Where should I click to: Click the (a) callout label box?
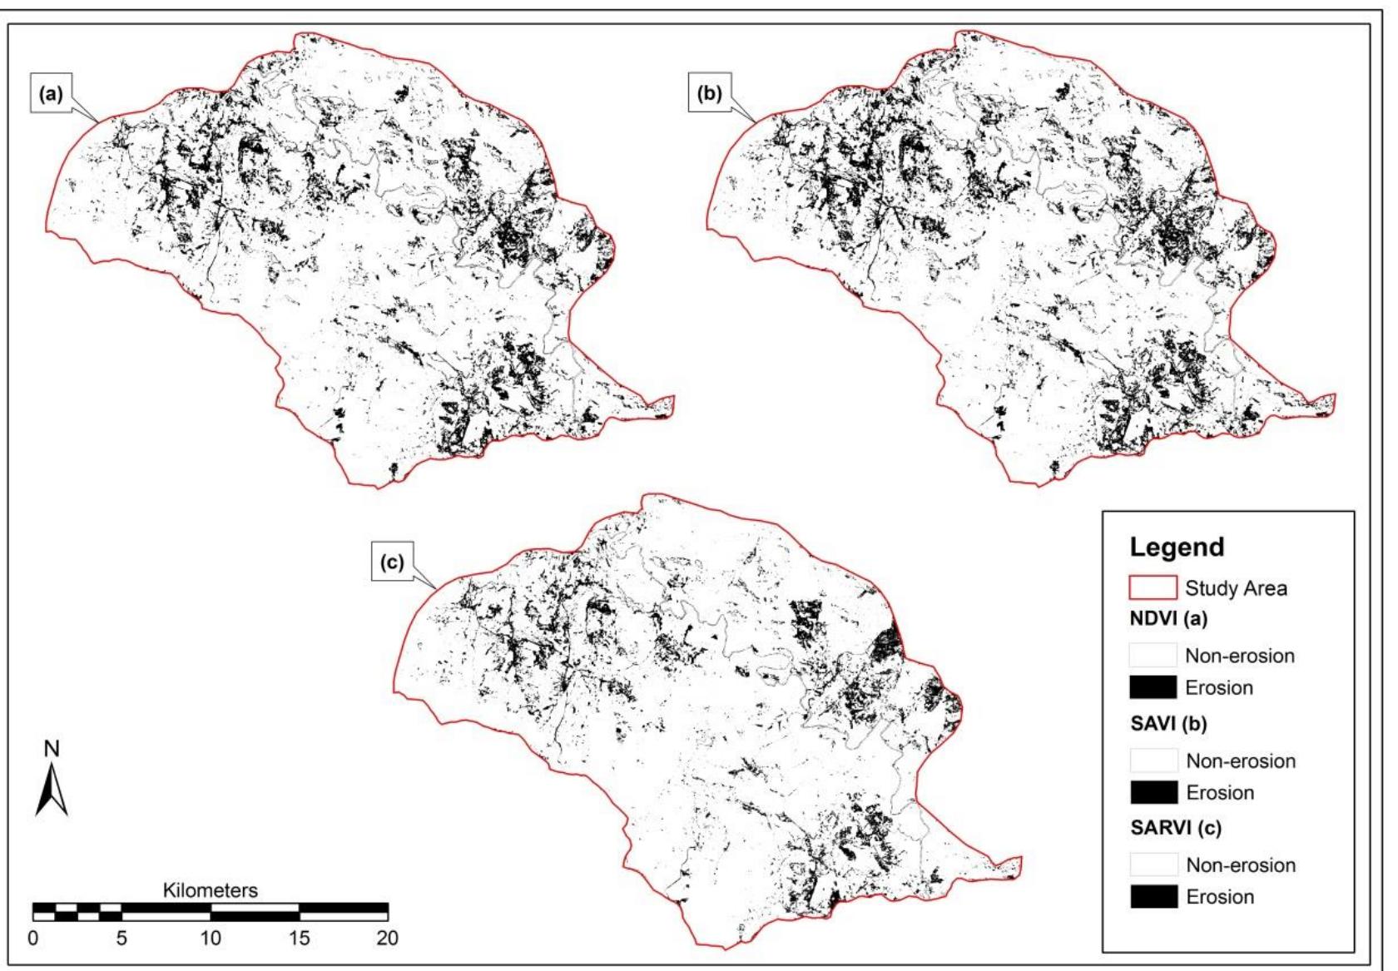click(x=52, y=94)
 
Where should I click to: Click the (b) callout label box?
click(x=710, y=93)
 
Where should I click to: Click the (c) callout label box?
click(x=392, y=562)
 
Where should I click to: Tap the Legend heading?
click(x=1177, y=547)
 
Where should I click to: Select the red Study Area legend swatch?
click(x=1153, y=587)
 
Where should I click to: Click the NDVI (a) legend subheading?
click(x=1168, y=619)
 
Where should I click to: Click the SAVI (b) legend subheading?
click(x=1168, y=724)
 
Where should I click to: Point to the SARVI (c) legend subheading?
click(x=1174, y=829)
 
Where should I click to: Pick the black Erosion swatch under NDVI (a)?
click(x=1153, y=687)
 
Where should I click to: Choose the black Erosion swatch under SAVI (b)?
click(x=1153, y=792)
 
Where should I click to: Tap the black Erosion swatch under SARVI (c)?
click(x=1153, y=897)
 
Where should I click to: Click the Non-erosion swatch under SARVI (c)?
click(x=1153, y=864)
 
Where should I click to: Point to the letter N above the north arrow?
click(x=52, y=749)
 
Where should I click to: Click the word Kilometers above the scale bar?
click(x=210, y=890)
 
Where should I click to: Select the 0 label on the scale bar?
click(x=32, y=939)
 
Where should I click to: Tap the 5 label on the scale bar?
click(x=121, y=939)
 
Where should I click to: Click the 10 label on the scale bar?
click(x=210, y=939)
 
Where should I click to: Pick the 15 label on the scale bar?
click(x=299, y=939)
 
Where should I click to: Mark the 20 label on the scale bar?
click(x=387, y=939)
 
